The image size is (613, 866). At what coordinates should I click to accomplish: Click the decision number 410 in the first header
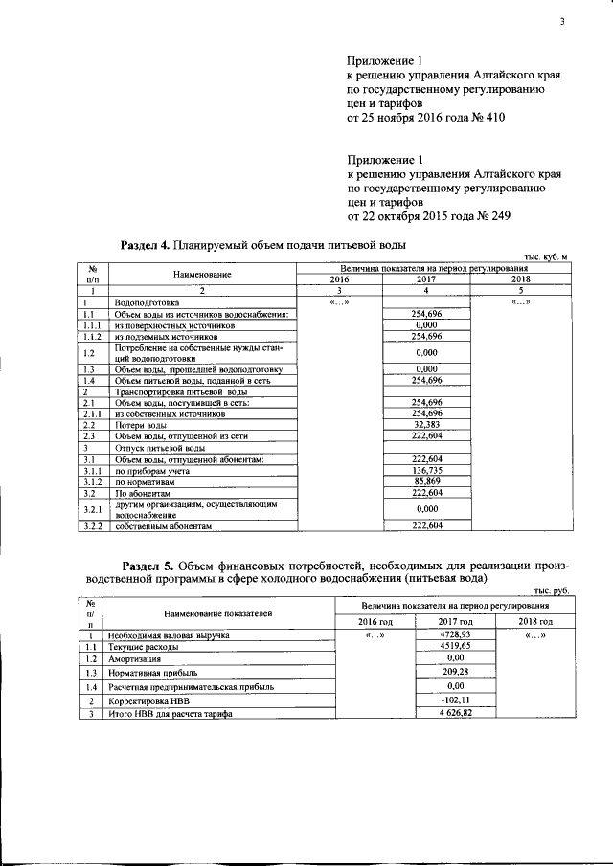pos(491,118)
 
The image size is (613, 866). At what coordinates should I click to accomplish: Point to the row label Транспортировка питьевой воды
pos(180,392)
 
